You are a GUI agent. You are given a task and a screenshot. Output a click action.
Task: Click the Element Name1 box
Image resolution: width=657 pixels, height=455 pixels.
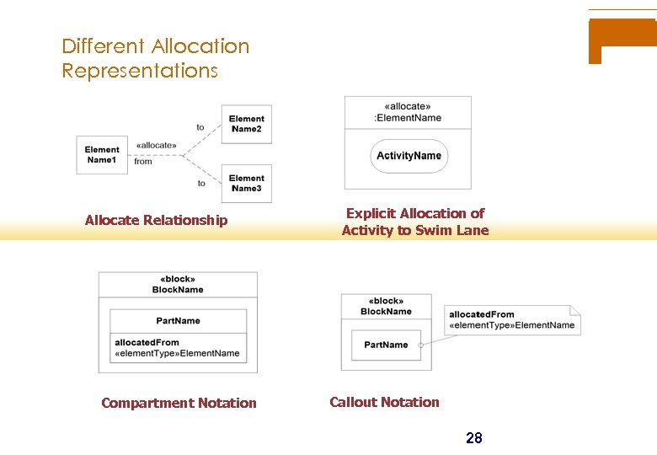coord(102,155)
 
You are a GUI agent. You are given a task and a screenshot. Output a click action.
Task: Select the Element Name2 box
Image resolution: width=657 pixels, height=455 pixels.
coord(246,124)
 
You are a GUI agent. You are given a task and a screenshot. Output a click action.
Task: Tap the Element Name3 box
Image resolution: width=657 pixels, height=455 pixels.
coord(246,183)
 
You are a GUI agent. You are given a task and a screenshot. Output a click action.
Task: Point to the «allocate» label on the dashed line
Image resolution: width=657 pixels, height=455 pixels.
coord(156,145)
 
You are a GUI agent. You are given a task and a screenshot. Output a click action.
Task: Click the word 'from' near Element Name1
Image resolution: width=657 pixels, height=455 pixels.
coord(143,161)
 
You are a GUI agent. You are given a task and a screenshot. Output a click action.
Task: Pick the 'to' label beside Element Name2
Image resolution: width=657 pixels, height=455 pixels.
coord(200,127)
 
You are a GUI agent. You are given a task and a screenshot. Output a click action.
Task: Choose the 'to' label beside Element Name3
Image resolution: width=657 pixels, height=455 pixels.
coord(201,183)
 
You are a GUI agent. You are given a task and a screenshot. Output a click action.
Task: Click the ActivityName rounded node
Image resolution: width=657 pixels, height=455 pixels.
coord(409,156)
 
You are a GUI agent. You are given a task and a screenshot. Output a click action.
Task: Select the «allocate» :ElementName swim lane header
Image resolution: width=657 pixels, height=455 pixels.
coord(408,112)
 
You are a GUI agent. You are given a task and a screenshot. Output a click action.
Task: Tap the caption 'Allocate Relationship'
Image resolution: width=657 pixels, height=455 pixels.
coord(156,221)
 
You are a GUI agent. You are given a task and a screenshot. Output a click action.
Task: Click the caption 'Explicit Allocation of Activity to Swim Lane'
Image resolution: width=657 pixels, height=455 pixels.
coord(414,222)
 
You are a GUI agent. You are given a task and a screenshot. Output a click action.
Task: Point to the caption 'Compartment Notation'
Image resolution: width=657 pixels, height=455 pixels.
coord(179,403)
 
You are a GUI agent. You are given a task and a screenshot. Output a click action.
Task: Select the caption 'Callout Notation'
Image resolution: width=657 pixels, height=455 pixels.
coord(384,402)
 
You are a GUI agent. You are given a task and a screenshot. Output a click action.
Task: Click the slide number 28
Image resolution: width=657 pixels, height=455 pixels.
coord(474,437)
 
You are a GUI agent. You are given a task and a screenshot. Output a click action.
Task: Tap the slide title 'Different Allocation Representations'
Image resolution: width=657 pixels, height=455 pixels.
coord(156,58)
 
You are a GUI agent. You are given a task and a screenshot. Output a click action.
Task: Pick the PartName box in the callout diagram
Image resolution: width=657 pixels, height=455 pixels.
coord(386,345)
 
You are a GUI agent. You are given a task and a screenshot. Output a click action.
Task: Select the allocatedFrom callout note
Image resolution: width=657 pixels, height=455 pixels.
coord(511,320)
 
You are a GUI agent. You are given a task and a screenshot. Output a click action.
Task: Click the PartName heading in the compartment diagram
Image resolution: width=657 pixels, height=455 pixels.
coord(179,321)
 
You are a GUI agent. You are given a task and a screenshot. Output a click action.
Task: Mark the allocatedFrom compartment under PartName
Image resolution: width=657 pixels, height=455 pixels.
coord(179,348)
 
